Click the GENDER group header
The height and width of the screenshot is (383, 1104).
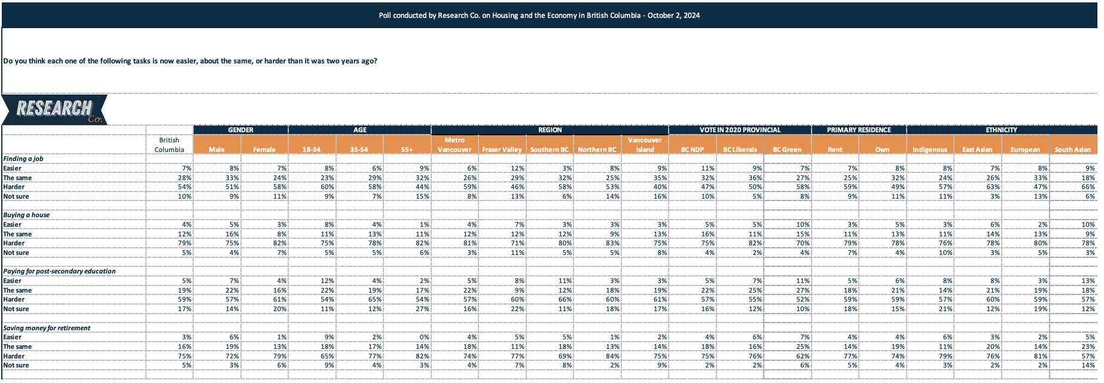pyautogui.click(x=240, y=130)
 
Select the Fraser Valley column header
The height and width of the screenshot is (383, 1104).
pyautogui.click(x=502, y=150)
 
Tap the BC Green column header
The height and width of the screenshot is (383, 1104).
pyautogui.click(x=787, y=150)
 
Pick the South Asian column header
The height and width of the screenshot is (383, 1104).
pyautogui.click(x=1072, y=150)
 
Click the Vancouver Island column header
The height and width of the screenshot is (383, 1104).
pyautogui.click(x=645, y=145)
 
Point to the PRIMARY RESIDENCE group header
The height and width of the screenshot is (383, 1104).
pyautogui.click(x=859, y=130)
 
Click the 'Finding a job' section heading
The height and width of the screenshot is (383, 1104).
pyautogui.click(x=23, y=159)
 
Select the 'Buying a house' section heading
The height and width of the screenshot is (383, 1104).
pyautogui.click(x=26, y=215)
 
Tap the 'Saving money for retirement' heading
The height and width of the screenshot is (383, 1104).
pyautogui.click(x=47, y=328)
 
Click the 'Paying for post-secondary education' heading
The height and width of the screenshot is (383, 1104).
pyautogui.click(x=59, y=271)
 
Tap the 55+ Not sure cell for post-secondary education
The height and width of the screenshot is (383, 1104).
pyautogui.click(x=423, y=309)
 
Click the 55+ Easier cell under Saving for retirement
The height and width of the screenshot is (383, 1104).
pyautogui.click(x=424, y=337)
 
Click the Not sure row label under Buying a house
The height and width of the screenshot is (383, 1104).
pyautogui.click(x=16, y=253)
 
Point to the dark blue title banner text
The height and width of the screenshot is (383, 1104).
pyautogui.click(x=539, y=16)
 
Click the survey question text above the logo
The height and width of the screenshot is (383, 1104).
pyautogui.click(x=190, y=61)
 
